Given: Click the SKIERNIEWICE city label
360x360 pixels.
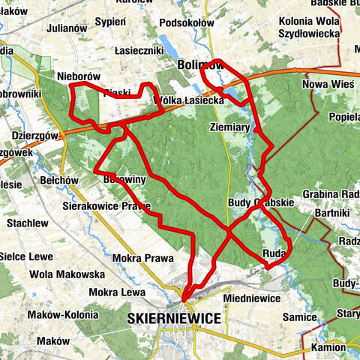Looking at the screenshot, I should [175, 319].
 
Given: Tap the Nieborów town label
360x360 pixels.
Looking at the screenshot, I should [79, 76].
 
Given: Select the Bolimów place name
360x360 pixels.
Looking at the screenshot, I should [200, 65].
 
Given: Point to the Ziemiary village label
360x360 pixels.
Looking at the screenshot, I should [229, 127].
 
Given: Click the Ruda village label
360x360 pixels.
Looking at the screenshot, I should [274, 253].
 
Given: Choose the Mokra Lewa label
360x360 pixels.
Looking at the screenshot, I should [116, 292].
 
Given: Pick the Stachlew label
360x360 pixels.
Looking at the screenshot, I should [28, 223].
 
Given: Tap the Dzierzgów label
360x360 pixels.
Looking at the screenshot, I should [36, 136].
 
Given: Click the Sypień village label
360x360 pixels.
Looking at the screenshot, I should [111, 21].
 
